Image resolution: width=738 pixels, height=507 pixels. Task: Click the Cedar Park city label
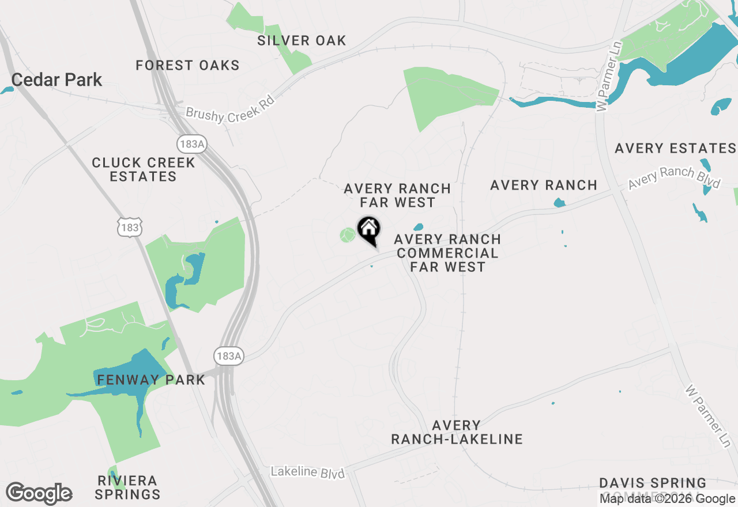[x=57, y=80]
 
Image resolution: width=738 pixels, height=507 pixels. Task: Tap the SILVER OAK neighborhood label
[x=302, y=40]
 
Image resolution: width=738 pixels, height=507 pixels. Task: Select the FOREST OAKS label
[x=187, y=65]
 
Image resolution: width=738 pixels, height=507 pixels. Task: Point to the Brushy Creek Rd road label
[x=229, y=108]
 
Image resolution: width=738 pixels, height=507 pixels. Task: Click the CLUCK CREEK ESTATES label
[x=144, y=169]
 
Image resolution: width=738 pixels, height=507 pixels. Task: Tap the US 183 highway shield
[x=130, y=228]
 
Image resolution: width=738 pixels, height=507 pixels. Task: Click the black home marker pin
[x=368, y=230]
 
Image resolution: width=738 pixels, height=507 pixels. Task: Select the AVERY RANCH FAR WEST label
[x=397, y=195]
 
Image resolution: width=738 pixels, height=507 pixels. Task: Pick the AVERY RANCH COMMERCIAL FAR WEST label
[x=447, y=252]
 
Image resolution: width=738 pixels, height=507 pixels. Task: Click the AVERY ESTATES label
[x=675, y=148]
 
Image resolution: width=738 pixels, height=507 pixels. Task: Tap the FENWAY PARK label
[x=151, y=380]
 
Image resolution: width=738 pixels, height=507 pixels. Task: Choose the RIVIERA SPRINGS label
[x=127, y=487]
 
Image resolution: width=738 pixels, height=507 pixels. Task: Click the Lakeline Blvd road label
[x=307, y=472]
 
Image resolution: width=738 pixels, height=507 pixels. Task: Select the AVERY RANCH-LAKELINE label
[x=457, y=432]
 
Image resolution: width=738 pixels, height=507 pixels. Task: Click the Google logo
[x=39, y=494]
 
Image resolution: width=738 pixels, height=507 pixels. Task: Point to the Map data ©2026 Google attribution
[x=667, y=499]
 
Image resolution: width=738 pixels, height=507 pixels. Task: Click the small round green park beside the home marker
[x=347, y=235]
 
